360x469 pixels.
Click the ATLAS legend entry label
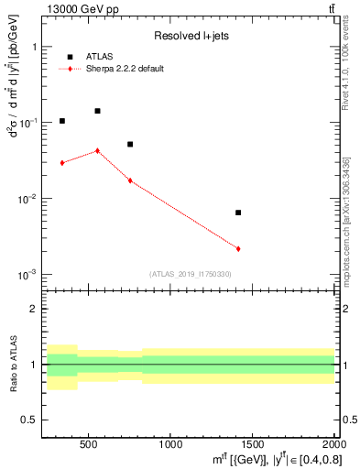coord(98,56)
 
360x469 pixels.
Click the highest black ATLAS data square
coord(97,111)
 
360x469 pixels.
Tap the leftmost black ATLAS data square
coord(62,121)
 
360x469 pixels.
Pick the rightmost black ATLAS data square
coord(238,213)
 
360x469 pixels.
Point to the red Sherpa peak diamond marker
coord(97,150)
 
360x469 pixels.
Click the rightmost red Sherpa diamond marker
coord(238,248)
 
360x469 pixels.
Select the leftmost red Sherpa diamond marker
coord(62,163)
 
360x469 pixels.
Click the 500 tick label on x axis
coord(89,444)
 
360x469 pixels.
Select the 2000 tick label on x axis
coord(332,444)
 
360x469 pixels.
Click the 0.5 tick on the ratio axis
coord(36,420)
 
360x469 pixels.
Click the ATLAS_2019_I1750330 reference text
coord(190,274)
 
